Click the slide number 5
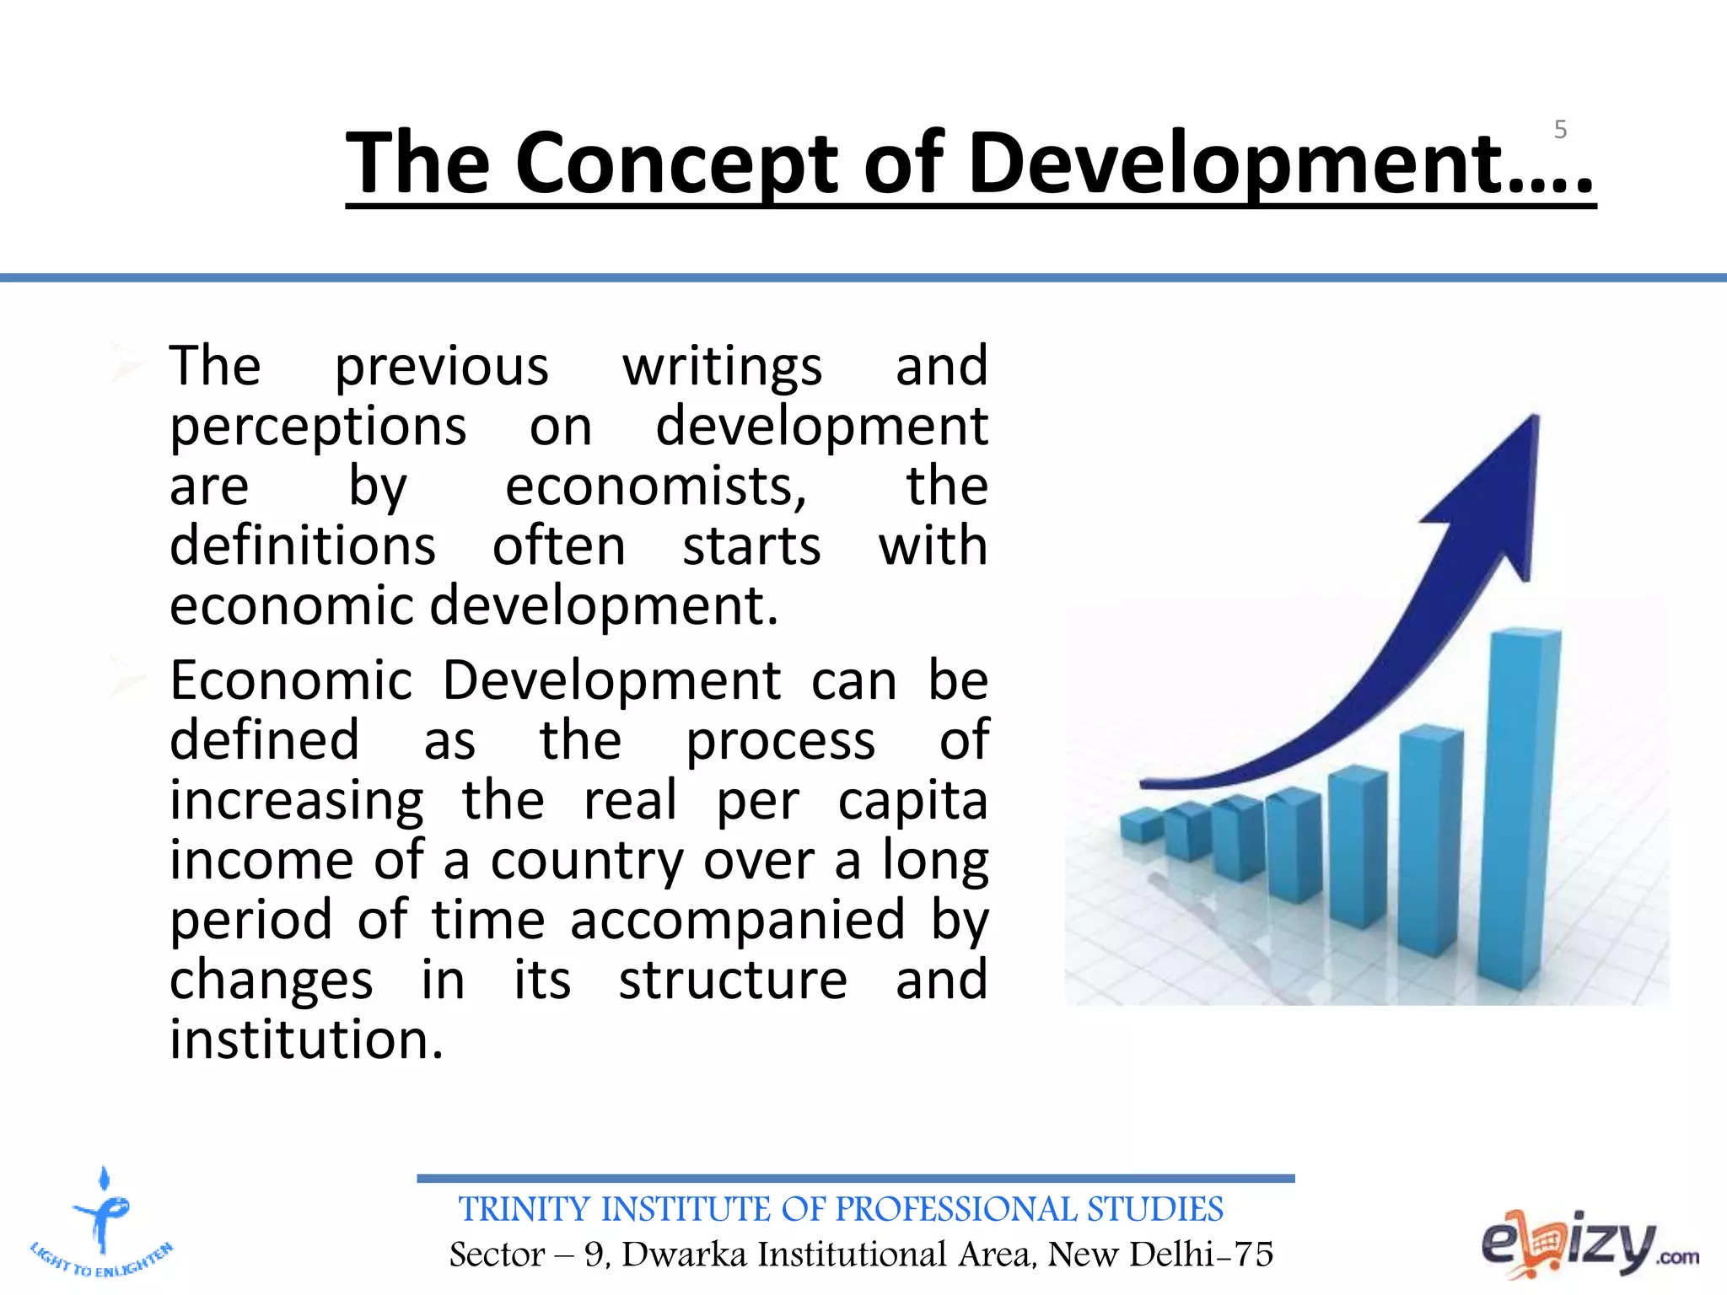[1560, 130]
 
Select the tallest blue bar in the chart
[1522, 809]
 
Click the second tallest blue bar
[1431, 843]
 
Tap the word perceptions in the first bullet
[318, 427]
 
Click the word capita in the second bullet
[912, 801]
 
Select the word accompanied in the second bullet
[738, 921]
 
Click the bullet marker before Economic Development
[128, 680]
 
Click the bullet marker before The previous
[128, 365]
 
